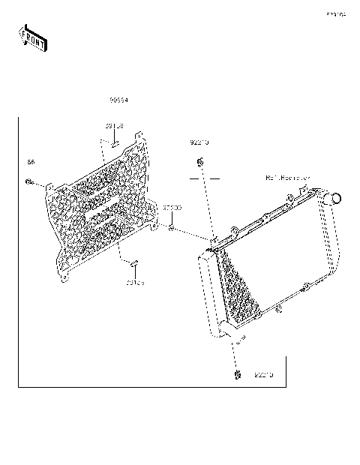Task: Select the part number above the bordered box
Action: click(118, 100)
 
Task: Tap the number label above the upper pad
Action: click(114, 126)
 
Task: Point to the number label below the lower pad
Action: click(135, 283)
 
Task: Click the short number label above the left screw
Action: click(31, 161)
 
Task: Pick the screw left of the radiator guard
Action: click(28, 181)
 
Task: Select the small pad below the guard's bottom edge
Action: click(133, 264)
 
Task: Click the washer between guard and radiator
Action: click(172, 226)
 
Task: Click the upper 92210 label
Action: click(199, 142)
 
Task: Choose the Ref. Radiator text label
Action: click(288, 178)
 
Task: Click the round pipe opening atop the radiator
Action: click(334, 198)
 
